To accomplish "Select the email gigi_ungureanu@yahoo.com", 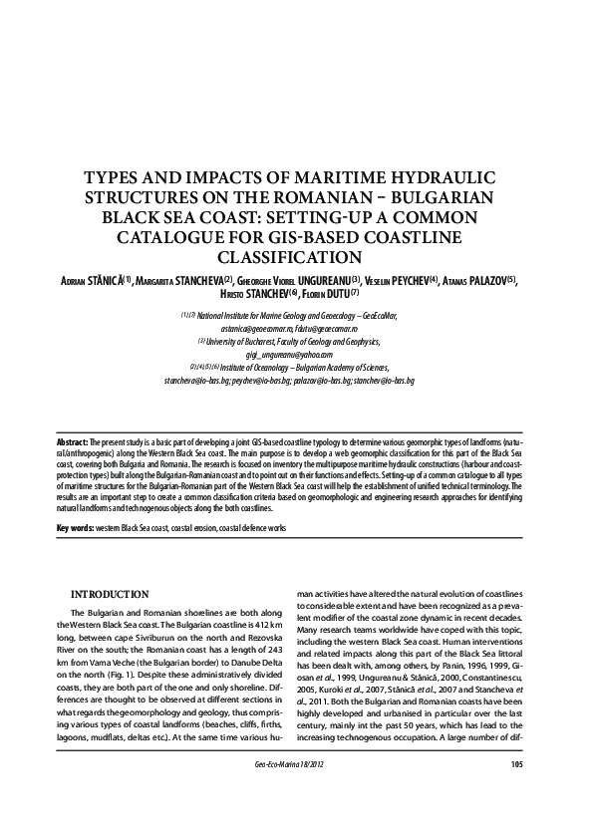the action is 295,354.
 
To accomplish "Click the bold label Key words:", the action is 76,525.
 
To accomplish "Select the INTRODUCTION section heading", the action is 110,594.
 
